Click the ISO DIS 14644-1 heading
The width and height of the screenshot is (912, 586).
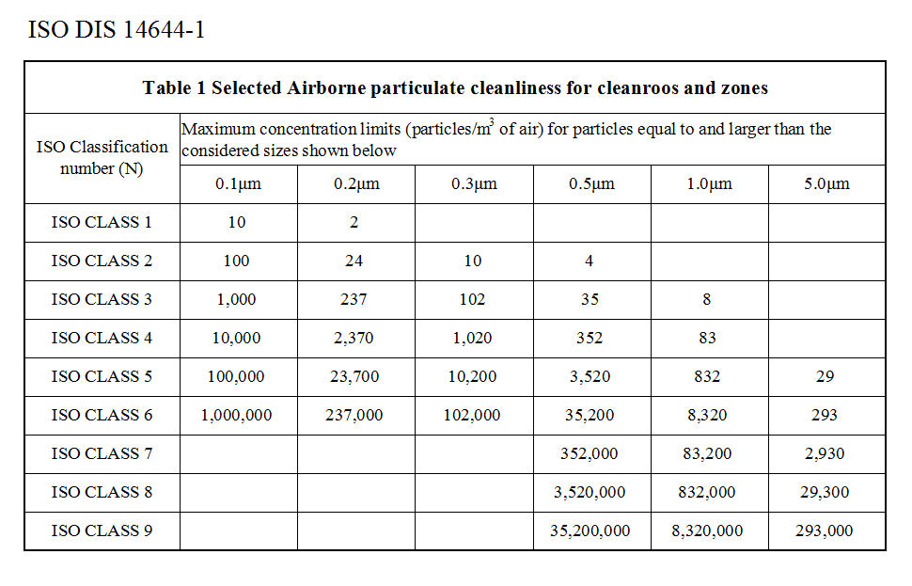[x=117, y=30]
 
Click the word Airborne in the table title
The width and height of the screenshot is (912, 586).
[x=324, y=87]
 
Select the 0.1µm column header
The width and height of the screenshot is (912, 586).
[x=237, y=183]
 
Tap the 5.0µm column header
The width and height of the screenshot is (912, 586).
[x=826, y=183]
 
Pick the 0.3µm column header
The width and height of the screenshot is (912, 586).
[x=473, y=183]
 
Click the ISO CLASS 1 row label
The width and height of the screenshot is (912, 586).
[x=102, y=222]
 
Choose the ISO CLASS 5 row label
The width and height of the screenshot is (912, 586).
[x=102, y=376]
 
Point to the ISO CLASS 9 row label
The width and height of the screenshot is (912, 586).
[x=102, y=531]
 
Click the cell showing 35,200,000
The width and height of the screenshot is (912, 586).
[x=590, y=531]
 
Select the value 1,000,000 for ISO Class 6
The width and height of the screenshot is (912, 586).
[x=237, y=415]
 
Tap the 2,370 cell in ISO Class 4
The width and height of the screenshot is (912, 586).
[x=354, y=338]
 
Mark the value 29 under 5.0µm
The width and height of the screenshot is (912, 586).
[x=826, y=376]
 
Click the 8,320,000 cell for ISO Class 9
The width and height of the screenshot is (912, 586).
[x=707, y=531]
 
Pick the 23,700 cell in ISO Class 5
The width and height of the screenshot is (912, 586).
[x=354, y=376]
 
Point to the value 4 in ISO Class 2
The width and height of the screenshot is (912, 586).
[x=590, y=261]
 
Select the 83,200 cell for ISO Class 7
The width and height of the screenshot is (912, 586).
[x=707, y=453]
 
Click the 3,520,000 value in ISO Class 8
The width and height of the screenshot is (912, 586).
[x=590, y=492]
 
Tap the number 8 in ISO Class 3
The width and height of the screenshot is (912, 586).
[x=707, y=299]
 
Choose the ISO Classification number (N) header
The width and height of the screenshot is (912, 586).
[x=102, y=157]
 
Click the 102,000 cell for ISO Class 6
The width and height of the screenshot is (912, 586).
[x=473, y=415]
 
